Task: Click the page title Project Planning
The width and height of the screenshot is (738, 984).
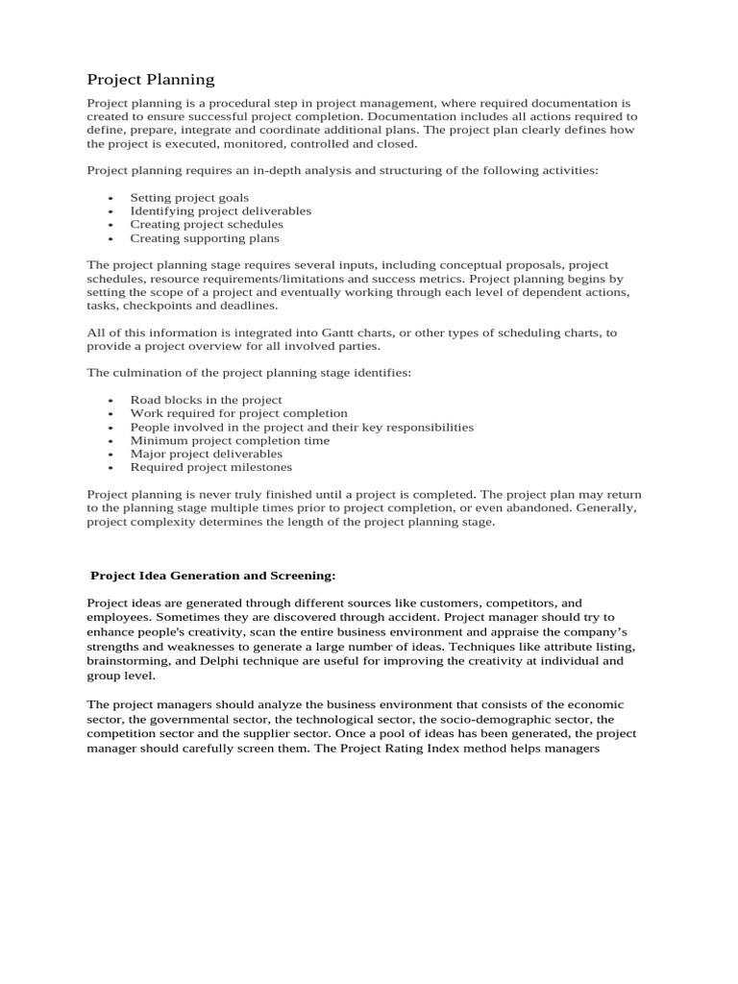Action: (x=151, y=79)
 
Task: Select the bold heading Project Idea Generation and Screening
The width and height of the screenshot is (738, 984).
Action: (x=212, y=576)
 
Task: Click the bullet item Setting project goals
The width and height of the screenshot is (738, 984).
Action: (x=189, y=197)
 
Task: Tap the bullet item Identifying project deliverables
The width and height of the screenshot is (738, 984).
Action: (x=220, y=210)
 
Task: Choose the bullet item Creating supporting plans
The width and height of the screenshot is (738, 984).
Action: (x=205, y=237)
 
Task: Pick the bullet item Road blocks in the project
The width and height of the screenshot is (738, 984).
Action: (x=206, y=400)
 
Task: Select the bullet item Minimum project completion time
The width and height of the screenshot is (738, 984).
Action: (x=230, y=440)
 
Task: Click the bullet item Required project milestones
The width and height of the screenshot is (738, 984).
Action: (x=210, y=467)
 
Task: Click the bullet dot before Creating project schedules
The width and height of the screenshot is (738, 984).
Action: (x=111, y=225)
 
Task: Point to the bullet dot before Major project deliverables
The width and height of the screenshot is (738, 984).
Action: (x=111, y=455)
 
